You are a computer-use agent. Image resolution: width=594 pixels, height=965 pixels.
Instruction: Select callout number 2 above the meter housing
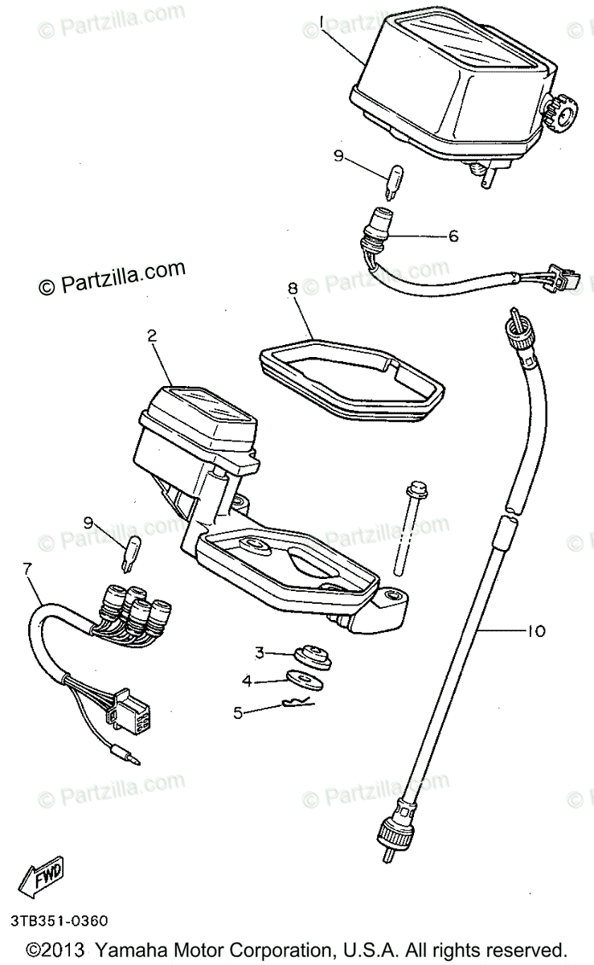(x=150, y=338)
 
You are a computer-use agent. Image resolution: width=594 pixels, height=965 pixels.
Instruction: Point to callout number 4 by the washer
(x=248, y=680)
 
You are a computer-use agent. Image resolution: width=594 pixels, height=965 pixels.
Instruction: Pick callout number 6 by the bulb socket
(x=453, y=236)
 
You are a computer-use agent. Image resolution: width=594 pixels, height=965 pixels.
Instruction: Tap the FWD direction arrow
(x=41, y=881)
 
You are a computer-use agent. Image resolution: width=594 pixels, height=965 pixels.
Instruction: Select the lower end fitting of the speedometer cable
(x=389, y=830)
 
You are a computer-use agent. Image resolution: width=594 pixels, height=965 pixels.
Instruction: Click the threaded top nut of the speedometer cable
(x=514, y=324)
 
